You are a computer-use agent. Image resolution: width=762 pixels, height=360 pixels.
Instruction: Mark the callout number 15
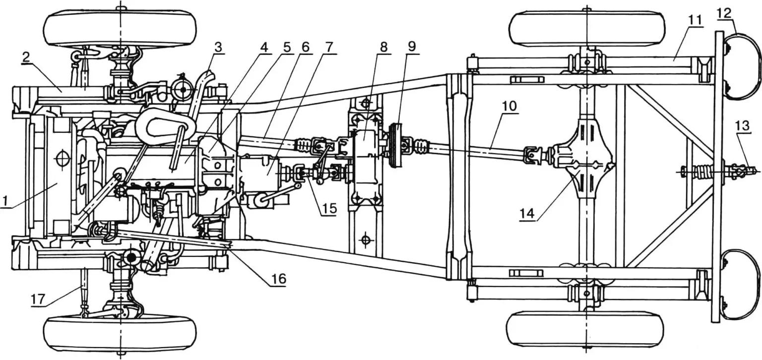click(x=328, y=209)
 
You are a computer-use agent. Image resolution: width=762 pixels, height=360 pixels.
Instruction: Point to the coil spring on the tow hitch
click(x=703, y=173)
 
